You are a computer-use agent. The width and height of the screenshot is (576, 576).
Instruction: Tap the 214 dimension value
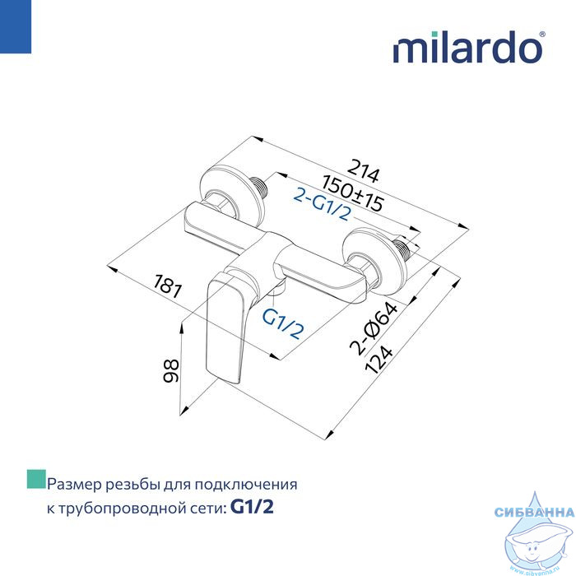point(363,171)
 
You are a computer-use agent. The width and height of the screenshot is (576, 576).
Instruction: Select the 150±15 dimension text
point(353,193)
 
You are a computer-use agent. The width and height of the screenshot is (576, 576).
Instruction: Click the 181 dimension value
point(167,286)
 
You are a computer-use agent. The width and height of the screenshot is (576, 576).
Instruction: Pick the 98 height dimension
point(171,370)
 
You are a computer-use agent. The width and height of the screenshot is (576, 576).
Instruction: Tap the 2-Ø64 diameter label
point(374,328)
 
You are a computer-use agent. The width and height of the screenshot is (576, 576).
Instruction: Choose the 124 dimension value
point(379,360)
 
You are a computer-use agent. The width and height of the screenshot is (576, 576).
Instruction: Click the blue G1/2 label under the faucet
point(283,323)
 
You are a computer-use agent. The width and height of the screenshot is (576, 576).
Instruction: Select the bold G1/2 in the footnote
point(252,508)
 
